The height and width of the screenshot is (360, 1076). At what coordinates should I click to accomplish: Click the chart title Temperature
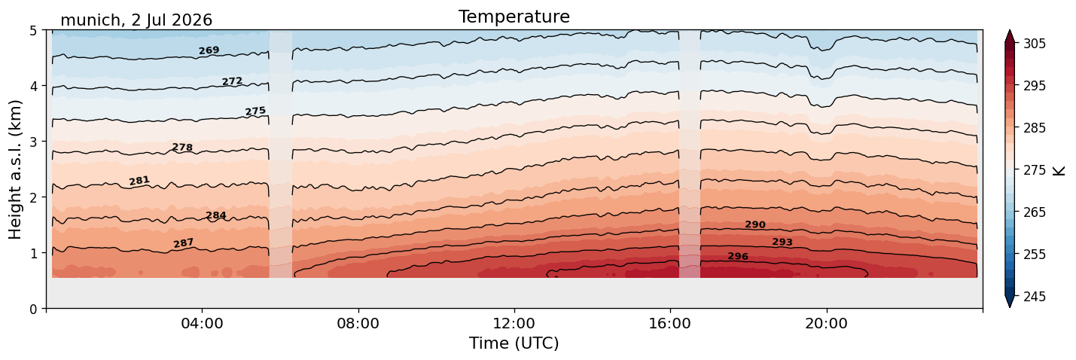pyautogui.click(x=514, y=17)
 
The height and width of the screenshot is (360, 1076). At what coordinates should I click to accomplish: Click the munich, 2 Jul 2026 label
pyautogui.click(x=136, y=20)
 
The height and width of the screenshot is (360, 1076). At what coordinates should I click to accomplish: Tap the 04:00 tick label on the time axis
pyautogui.click(x=203, y=323)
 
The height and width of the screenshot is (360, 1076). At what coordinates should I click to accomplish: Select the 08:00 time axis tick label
pyautogui.click(x=358, y=323)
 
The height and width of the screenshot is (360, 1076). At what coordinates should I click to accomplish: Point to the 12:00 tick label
pyautogui.click(x=514, y=323)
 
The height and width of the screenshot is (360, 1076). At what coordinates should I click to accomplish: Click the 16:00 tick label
pyautogui.click(x=671, y=323)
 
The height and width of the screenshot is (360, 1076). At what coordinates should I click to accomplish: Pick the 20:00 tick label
pyautogui.click(x=827, y=323)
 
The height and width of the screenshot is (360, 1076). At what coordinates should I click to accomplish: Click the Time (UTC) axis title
pyautogui.click(x=514, y=343)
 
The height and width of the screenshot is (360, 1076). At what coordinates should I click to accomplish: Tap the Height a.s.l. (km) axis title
pyautogui.click(x=15, y=169)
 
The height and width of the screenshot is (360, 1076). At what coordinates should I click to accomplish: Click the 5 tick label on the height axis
pyautogui.click(x=34, y=31)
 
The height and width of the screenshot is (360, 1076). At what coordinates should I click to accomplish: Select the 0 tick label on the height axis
pyautogui.click(x=34, y=309)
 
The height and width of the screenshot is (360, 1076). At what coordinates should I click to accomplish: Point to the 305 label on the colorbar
pyautogui.click(x=1035, y=44)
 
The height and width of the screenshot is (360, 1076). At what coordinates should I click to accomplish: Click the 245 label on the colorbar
pyautogui.click(x=1035, y=297)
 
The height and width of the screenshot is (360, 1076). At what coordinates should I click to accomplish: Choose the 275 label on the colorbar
pyautogui.click(x=1035, y=170)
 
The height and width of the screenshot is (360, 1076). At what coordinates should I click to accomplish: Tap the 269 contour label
pyautogui.click(x=209, y=50)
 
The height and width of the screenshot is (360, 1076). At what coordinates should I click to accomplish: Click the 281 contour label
pyautogui.click(x=139, y=181)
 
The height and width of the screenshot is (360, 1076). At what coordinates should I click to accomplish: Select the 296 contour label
pyautogui.click(x=738, y=256)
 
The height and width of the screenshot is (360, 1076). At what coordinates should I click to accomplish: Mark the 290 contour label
pyautogui.click(x=755, y=224)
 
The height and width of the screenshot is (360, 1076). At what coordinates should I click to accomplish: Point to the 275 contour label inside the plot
pyautogui.click(x=255, y=111)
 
